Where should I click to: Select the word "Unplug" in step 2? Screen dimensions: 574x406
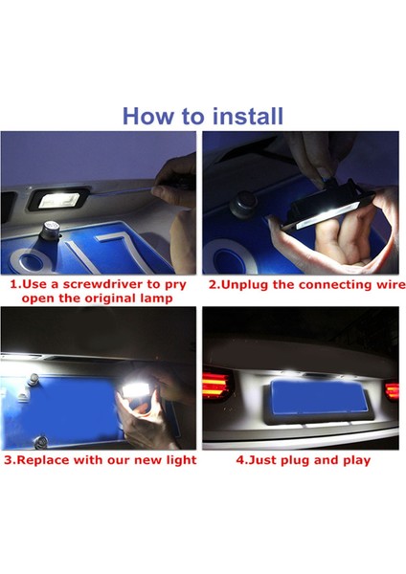click(x=247, y=284)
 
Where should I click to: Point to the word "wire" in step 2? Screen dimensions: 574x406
click(x=380, y=284)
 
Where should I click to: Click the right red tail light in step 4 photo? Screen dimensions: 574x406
click(x=392, y=390)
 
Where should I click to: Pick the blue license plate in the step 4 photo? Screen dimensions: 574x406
click(x=309, y=395)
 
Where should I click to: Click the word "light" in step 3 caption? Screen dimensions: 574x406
click(x=178, y=460)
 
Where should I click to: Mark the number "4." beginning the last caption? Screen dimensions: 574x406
click(x=242, y=460)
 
